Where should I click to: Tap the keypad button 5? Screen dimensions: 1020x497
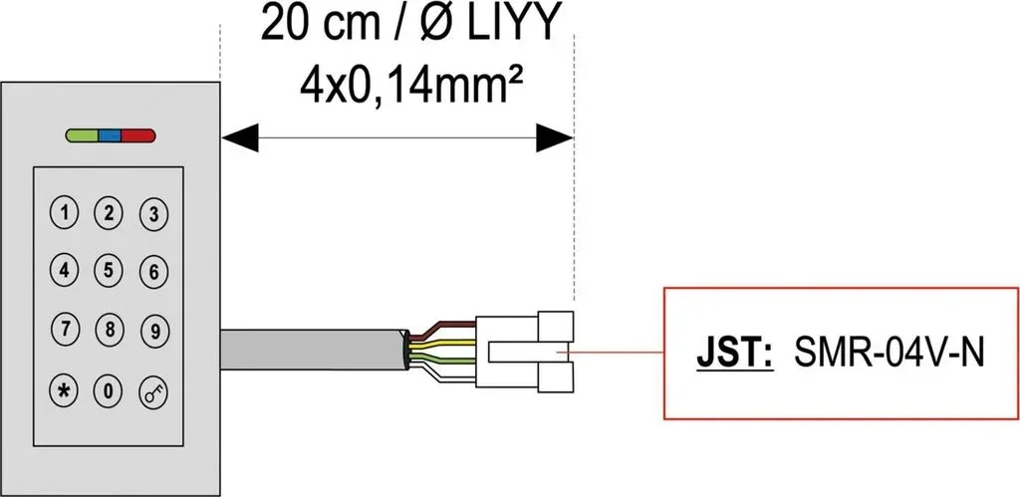109,271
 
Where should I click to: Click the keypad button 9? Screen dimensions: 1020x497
154,330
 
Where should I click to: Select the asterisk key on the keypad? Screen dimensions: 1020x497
65,390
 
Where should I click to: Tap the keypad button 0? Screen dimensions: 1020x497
109,390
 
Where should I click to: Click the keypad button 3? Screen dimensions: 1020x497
154,214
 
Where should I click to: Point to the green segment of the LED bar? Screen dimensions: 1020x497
82,135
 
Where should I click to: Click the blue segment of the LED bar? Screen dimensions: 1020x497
110,135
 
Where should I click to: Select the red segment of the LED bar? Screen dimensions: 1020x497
137,135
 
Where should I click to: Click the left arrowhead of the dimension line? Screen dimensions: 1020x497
239,137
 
